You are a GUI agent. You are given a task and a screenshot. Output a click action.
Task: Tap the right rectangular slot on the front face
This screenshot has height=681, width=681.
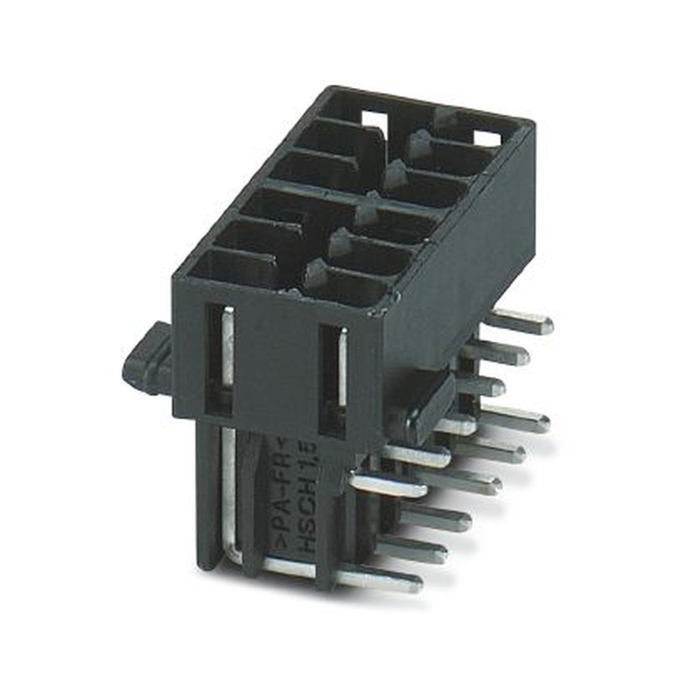[x=334, y=378]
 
